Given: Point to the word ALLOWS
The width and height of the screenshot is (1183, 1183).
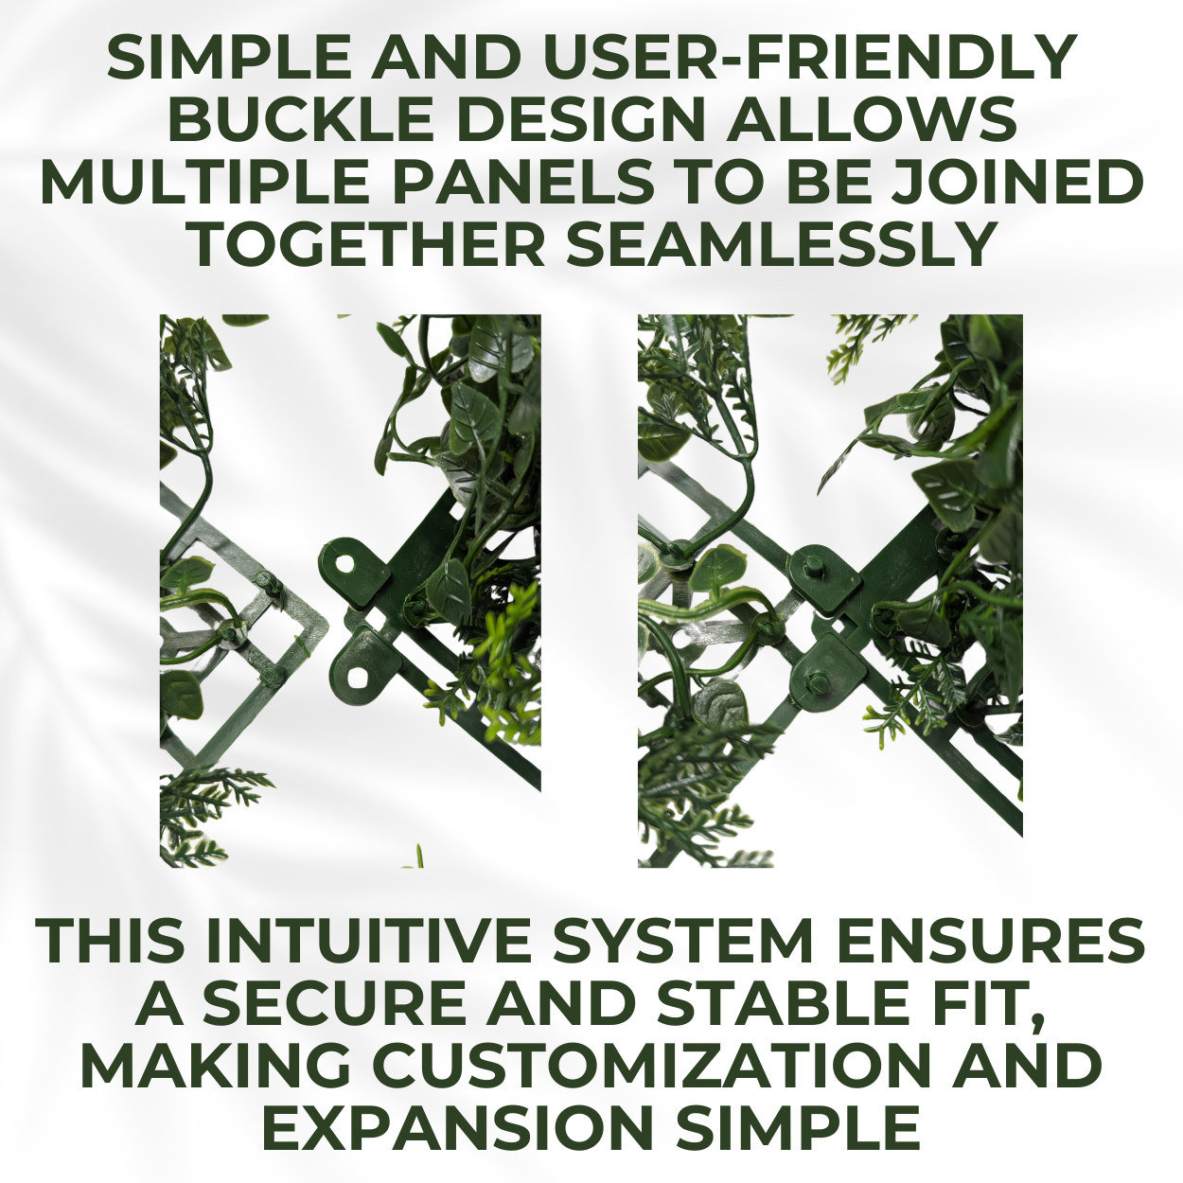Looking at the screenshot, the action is (871, 119).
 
